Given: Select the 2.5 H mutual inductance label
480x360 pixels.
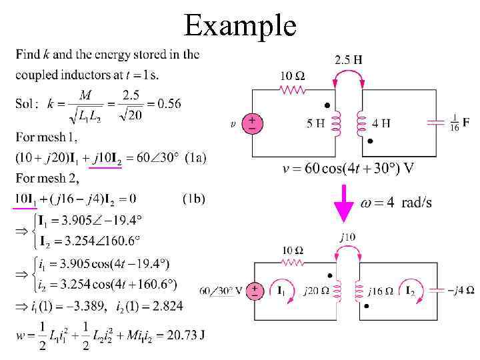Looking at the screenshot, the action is pos(348,60).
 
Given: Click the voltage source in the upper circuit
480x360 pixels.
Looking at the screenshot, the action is pos(253,123).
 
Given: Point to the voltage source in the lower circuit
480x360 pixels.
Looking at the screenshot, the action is pos(254,290).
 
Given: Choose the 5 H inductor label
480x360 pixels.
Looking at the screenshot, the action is pos(316,123).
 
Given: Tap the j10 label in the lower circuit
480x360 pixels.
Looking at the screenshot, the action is pos(347,236).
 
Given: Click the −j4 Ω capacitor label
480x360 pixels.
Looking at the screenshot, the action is pos(461,290).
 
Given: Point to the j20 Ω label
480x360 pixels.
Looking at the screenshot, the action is pos(316,290).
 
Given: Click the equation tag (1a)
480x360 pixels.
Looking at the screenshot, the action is pos(195,157).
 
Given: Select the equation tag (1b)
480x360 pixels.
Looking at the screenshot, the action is pos(193,198).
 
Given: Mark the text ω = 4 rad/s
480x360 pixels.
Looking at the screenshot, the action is pos(396,202).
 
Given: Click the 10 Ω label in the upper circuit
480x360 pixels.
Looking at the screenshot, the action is pos(292,76).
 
